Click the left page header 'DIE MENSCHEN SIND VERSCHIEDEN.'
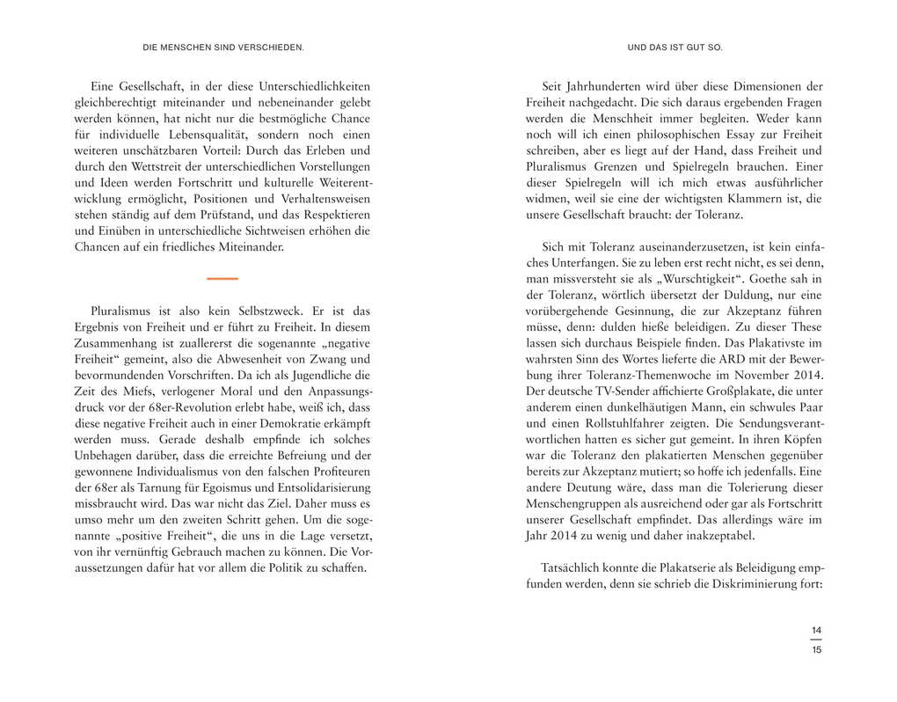222,47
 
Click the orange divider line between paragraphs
222,279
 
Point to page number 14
816,630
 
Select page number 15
816,650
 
